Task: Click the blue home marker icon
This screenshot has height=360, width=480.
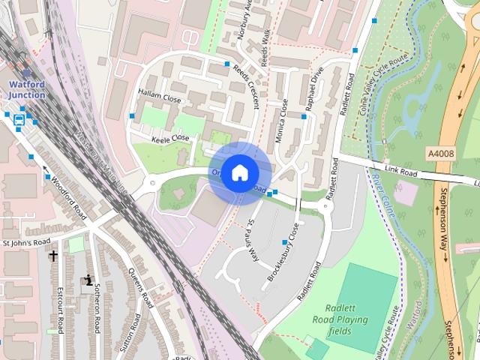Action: [x=239, y=173]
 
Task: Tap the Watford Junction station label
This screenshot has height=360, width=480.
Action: [x=27, y=89]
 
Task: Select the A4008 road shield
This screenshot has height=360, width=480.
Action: [x=440, y=153]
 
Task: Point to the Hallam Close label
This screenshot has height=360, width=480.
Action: [x=160, y=97]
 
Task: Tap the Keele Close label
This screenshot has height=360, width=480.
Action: [x=170, y=138]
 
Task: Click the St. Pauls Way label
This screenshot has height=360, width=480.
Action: [x=253, y=240]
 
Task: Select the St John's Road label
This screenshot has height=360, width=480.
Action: [x=25, y=242]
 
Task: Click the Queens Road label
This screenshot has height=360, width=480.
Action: [x=140, y=288]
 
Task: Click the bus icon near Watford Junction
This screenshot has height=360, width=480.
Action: [x=19, y=118]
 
